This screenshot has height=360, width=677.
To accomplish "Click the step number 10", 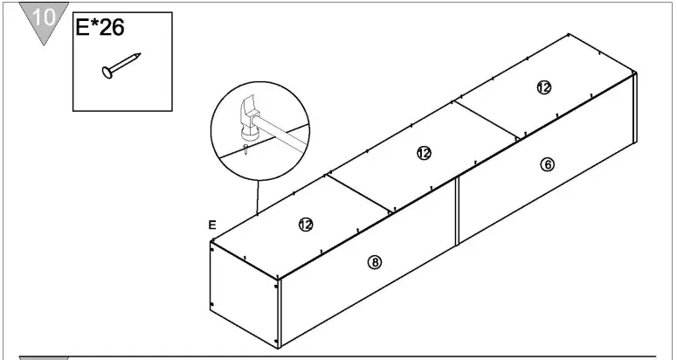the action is pyautogui.click(x=44, y=17).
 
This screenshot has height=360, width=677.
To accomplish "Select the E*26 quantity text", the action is pyautogui.click(x=100, y=27).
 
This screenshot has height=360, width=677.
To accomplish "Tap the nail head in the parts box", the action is pyautogui.click(x=107, y=72).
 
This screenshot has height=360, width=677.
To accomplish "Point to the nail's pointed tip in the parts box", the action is pyautogui.click(x=139, y=54).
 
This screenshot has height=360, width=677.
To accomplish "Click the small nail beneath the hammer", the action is pyautogui.click(x=245, y=149).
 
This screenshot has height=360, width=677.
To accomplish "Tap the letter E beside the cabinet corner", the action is pyautogui.click(x=212, y=225).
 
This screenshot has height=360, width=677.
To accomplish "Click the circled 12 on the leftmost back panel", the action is pyautogui.click(x=306, y=225).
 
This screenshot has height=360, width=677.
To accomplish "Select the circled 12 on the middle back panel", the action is pyautogui.click(x=424, y=153).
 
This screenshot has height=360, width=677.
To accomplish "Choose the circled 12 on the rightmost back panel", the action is pyautogui.click(x=544, y=87).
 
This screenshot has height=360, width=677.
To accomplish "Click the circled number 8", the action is pyautogui.click(x=375, y=262).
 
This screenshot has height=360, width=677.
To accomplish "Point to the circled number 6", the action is pyautogui.click(x=548, y=164).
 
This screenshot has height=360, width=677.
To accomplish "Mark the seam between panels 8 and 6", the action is pyautogui.click(x=457, y=211).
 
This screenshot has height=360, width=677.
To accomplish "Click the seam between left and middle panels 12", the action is pyautogui.click(x=358, y=193).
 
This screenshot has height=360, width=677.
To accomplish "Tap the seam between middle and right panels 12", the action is pyautogui.click(x=486, y=121).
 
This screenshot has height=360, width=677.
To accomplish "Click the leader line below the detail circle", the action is pyautogui.click(x=258, y=197).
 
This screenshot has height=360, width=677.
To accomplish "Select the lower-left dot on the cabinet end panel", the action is pyautogui.click(x=212, y=305).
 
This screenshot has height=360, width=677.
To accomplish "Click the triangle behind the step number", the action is pyautogui.click(x=44, y=23).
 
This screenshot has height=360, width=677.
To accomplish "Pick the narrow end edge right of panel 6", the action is pyautogui.click(x=635, y=108).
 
